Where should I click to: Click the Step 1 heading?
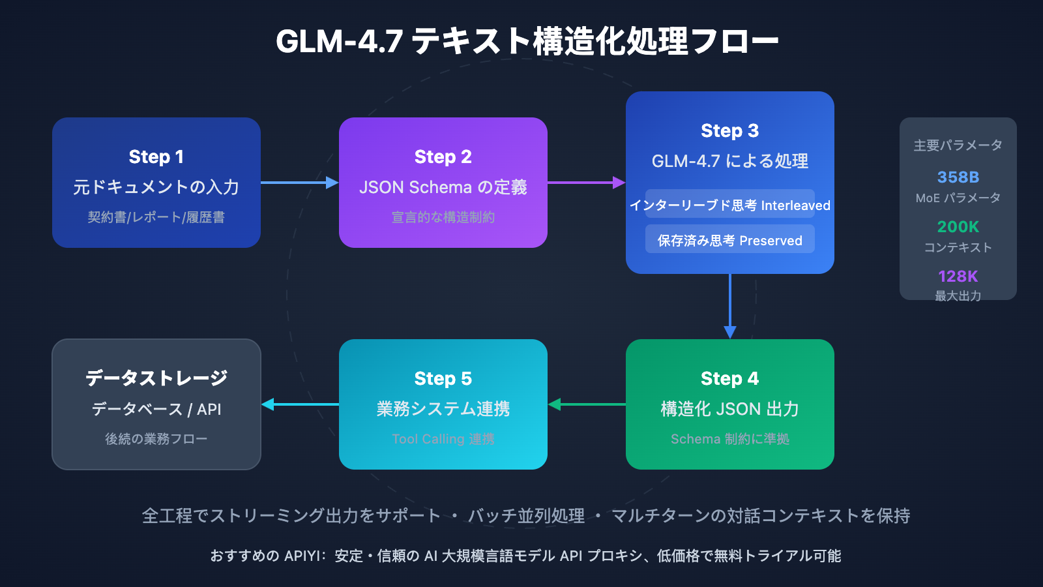(156, 157)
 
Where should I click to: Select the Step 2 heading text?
(443, 157)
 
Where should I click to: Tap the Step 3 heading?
(730, 130)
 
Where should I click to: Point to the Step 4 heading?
(730, 378)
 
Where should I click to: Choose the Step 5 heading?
(443, 378)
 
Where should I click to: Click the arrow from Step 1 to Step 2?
(299, 183)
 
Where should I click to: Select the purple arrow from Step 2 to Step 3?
(586, 183)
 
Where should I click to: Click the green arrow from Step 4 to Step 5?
(587, 404)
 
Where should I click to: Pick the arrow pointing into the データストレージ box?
(300, 404)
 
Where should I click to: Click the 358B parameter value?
(958, 177)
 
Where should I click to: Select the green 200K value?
(958, 227)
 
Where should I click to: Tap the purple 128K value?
(958, 277)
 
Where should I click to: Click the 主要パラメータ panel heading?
(958, 145)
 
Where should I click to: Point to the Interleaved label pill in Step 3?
(730, 205)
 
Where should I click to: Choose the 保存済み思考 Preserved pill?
(730, 240)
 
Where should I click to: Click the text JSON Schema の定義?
(443, 187)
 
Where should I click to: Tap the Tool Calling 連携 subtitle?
(443, 439)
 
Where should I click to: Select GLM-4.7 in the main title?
(339, 40)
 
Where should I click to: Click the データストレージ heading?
(156, 378)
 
